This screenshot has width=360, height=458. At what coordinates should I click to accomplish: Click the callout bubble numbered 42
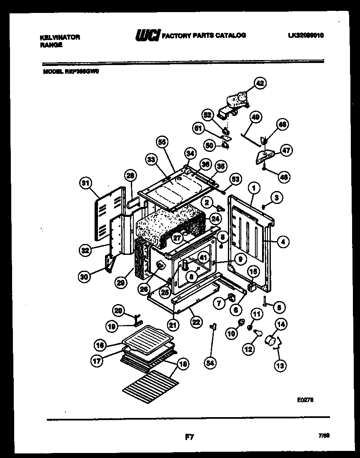(x=260, y=83)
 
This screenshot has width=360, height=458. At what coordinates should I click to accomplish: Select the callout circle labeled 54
(x=210, y=363)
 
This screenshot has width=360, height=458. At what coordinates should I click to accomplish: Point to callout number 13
(x=280, y=366)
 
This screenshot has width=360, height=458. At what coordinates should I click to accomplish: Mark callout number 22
(x=195, y=322)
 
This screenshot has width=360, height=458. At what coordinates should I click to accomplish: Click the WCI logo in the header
(x=147, y=36)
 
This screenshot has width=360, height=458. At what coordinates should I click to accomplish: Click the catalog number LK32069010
(x=305, y=35)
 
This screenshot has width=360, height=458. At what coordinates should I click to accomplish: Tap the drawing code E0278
(x=305, y=399)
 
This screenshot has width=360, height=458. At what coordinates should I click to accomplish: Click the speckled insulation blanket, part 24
(x=171, y=225)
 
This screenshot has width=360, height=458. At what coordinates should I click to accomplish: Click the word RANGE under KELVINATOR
(x=51, y=45)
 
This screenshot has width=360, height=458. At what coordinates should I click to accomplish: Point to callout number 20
(x=118, y=310)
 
